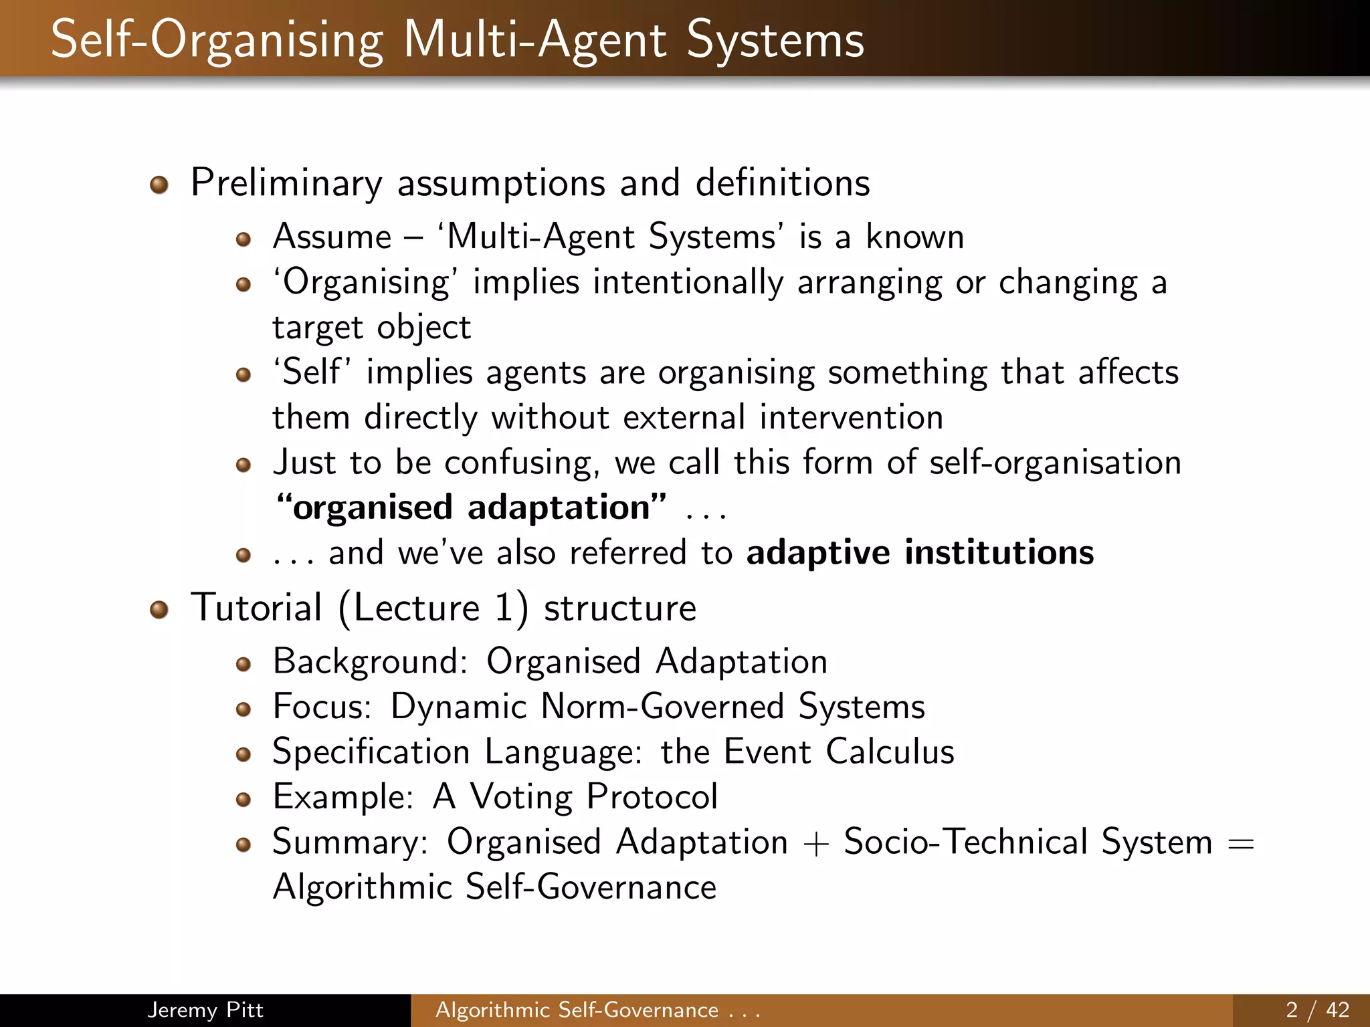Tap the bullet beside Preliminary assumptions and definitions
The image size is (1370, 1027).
[159, 185]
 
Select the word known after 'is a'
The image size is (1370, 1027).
[914, 237]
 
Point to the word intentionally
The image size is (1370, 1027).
[688, 282]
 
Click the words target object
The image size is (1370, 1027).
[371, 328]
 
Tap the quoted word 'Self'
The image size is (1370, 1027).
[312, 372]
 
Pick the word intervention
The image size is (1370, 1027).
[851, 418]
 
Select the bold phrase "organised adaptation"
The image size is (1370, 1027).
[472, 507]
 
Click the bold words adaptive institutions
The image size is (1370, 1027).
[920, 553]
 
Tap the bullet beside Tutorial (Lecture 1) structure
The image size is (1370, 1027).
[159, 610]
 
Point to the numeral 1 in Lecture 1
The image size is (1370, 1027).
[504, 608]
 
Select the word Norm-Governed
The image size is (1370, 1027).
[662, 707]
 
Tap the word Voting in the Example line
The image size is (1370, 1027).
[521, 797]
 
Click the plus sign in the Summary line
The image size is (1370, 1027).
[815, 843]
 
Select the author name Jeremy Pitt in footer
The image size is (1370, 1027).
[205, 1010]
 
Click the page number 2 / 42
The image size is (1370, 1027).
[1317, 1010]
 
